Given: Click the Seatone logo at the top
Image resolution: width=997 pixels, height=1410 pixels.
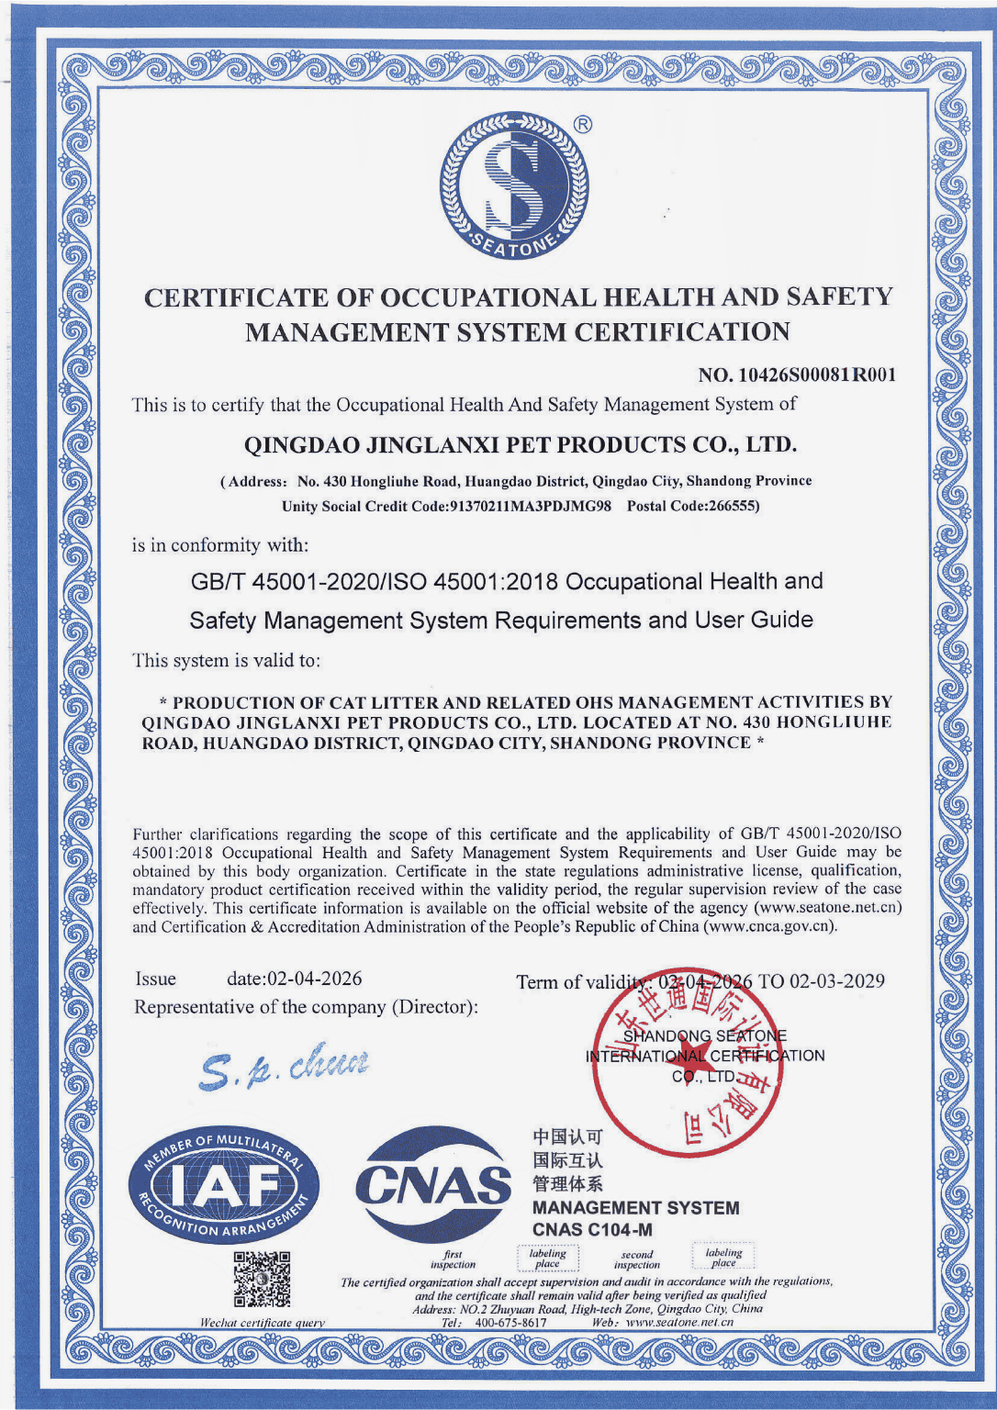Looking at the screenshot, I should pyautogui.click(x=514, y=186).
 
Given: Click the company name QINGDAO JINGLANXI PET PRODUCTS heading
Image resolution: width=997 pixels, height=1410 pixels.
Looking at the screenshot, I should pyautogui.click(x=520, y=445).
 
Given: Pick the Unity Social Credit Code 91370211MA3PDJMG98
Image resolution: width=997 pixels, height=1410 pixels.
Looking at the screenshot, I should pyautogui.click(x=529, y=506).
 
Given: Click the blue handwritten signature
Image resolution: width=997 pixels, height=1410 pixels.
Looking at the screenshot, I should pyautogui.click(x=286, y=1066).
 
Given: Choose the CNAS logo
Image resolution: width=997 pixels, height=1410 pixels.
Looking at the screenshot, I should pyautogui.click(x=432, y=1184).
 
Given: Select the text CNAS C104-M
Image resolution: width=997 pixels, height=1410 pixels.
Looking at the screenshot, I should pyautogui.click(x=592, y=1230).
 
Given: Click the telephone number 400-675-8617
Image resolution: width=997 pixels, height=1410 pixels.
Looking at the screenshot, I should pyautogui.click(x=510, y=1323).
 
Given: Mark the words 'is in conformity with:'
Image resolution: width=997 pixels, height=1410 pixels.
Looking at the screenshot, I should pyautogui.click(x=220, y=545).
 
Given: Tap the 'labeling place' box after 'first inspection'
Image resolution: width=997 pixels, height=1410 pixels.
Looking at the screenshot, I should pyautogui.click(x=548, y=1258).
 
